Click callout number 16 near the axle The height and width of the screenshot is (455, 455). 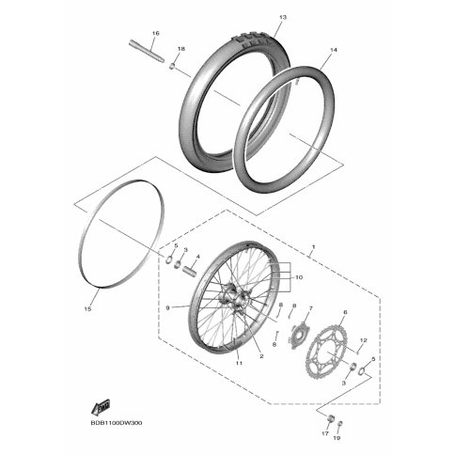tap(156, 34)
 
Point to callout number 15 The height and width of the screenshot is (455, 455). tap(88, 307)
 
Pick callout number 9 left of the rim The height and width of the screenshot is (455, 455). tap(167, 307)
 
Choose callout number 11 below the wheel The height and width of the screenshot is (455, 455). tap(240, 363)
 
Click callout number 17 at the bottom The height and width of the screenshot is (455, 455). tap(326, 434)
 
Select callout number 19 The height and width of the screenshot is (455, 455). tap(340, 437)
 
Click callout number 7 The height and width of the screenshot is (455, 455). tap(310, 307)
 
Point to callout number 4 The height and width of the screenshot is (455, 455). tap(197, 254)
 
